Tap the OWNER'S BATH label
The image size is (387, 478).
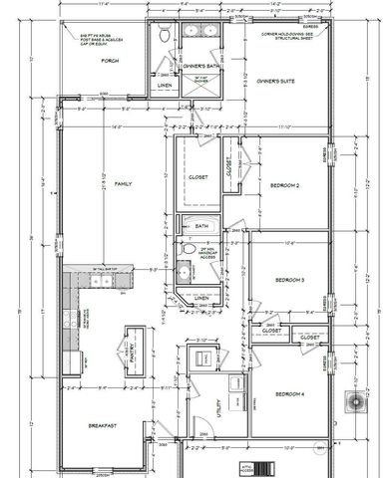click(201, 66)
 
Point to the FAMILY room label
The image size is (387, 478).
click(124, 185)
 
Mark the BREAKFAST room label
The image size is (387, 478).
click(103, 426)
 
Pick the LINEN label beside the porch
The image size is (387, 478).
click(165, 86)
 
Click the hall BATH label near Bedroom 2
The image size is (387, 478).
click(201, 226)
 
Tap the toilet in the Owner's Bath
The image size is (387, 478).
click(166, 34)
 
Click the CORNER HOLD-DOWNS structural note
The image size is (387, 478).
click(290, 36)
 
